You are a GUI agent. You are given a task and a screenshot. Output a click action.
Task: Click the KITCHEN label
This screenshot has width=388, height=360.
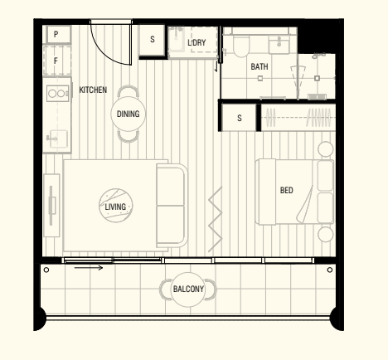[x=93, y=90]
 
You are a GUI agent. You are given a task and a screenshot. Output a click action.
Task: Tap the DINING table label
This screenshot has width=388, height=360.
[x=128, y=114]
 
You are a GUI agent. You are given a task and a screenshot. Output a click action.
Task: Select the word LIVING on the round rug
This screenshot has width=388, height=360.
[x=115, y=207]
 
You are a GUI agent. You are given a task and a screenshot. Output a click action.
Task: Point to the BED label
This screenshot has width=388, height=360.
[x=287, y=190]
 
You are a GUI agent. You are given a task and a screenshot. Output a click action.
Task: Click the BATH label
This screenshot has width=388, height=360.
[x=259, y=66]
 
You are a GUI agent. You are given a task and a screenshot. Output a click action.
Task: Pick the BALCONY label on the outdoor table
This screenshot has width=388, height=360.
[x=188, y=289]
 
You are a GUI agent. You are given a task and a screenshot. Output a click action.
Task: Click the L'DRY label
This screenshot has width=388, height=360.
[x=196, y=42]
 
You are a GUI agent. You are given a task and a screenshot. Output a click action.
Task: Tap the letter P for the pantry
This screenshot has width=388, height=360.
[x=56, y=34]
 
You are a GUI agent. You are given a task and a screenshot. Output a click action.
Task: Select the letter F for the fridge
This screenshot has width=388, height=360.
[x=56, y=61]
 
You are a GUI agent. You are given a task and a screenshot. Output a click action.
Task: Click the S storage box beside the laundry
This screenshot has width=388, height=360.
[x=153, y=40]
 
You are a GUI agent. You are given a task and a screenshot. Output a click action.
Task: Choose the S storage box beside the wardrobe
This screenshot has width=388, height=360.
[x=240, y=118]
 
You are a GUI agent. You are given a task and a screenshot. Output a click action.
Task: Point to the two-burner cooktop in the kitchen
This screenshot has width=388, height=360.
[x=57, y=94]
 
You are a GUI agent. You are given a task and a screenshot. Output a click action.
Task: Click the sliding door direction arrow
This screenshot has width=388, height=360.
[x=89, y=267]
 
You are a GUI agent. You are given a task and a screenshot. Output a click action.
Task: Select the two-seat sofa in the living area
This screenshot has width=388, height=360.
[x=172, y=206]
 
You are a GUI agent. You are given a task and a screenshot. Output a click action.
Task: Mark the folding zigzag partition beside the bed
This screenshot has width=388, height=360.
[x=216, y=219]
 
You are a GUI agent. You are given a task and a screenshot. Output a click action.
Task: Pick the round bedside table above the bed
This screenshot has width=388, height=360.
[x=326, y=149]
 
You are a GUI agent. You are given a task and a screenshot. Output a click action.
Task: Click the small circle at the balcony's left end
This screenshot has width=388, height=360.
[x=46, y=270]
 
